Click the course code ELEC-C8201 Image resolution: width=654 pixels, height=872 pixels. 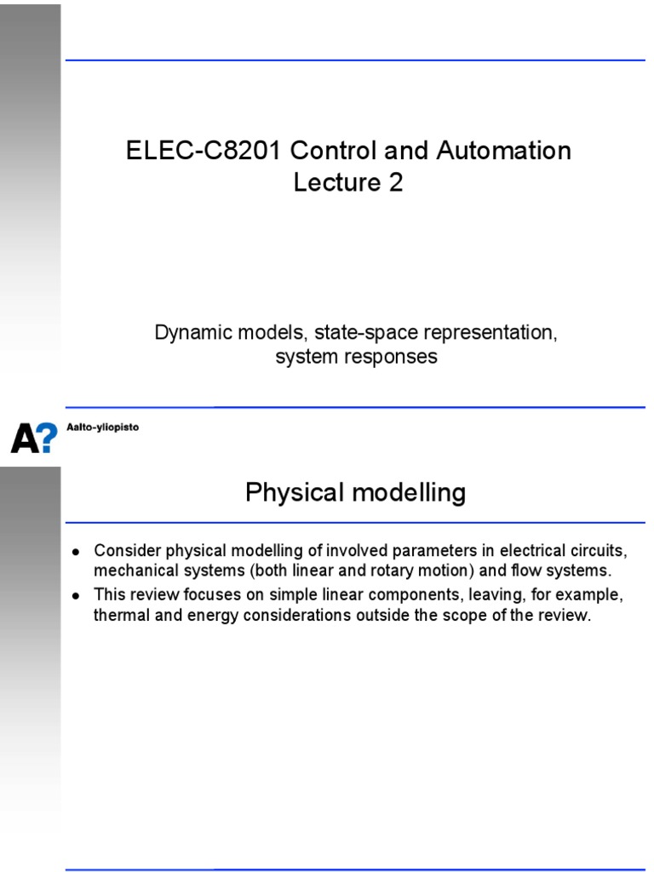pos(203,151)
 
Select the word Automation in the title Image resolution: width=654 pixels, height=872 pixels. pos(504,151)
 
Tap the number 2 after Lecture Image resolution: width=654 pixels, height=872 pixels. pos(395,182)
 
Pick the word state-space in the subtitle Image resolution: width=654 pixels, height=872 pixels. pos(366,333)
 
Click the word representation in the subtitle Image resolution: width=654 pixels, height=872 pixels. pos(490,333)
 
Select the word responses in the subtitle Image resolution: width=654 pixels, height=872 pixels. pos(397,357)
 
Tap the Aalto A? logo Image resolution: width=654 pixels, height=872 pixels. pos(34,438)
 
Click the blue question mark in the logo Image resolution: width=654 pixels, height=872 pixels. pos(47,438)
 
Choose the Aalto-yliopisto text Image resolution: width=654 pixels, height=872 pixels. pos(103,427)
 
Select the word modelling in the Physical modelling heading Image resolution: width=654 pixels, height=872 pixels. pos(410,493)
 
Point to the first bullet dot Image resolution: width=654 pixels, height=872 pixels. pos(76,552)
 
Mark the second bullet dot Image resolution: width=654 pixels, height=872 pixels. pos(76,595)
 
